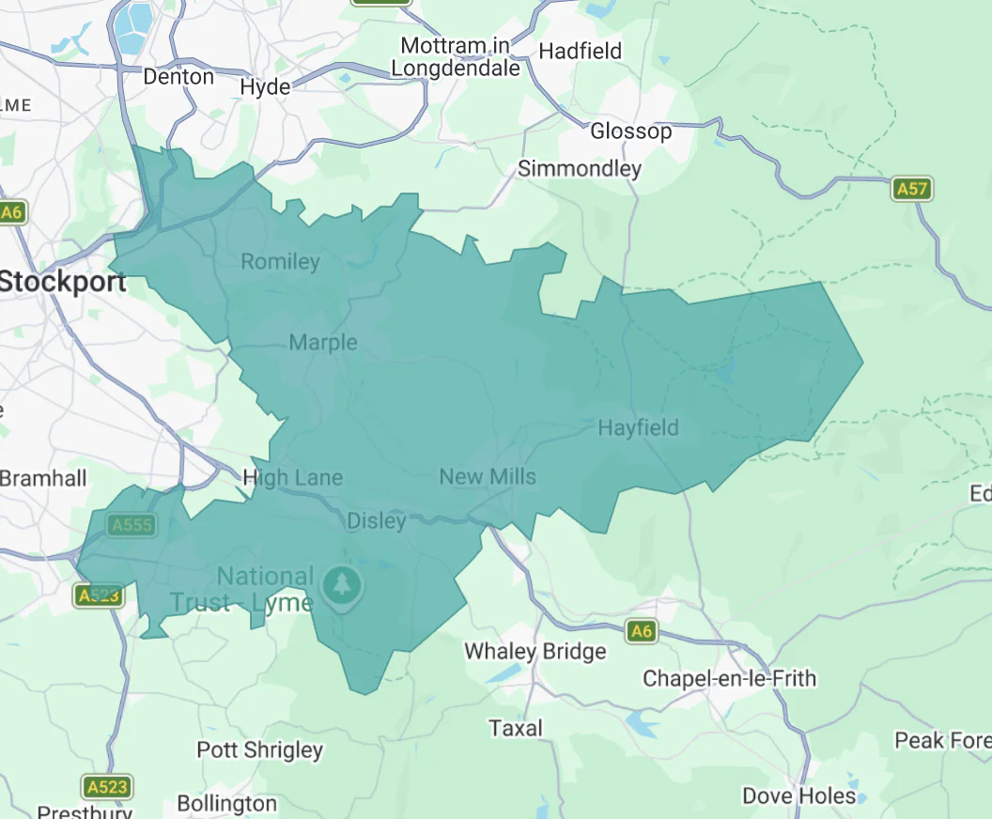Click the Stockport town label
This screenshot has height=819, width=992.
[63, 281]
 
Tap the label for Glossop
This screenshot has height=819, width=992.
[630, 131]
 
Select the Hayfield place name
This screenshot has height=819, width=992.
[638, 427]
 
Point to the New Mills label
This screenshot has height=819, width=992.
[488, 476]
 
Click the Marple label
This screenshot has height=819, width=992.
[323, 342]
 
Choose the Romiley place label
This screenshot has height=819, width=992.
[280, 261]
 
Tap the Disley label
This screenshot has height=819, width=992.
[377, 520]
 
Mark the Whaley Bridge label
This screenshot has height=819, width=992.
[535, 651]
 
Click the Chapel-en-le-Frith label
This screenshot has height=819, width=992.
[729, 678]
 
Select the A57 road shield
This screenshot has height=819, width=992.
[911, 190]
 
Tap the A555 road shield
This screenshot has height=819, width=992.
[131, 525]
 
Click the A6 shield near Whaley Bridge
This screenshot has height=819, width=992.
[641, 631]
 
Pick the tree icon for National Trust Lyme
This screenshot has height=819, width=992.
[342, 585]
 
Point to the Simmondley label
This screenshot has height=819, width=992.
[580, 169]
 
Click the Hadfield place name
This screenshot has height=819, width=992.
[580, 51]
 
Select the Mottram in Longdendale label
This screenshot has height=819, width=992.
[456, 57]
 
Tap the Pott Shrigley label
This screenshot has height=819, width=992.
[259, 749]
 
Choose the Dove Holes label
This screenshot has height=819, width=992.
[798, 796]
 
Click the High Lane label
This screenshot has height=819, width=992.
[292, 478]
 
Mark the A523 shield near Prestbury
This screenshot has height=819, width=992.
[106, 786]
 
